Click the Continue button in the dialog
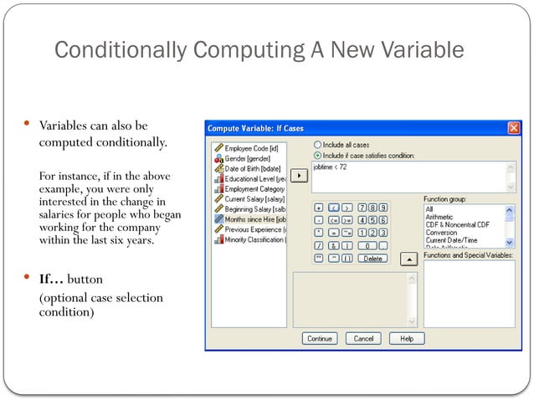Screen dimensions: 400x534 pos(320,339)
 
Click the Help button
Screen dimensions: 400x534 pos(407,339)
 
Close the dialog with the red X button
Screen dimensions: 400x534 pos(513,128)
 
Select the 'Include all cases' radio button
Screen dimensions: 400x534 pos(317,145)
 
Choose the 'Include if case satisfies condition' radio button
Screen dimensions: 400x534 pos(317,155)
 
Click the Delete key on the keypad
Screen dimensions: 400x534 pos(372,259)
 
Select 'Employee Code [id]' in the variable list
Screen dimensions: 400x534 pos(251,148)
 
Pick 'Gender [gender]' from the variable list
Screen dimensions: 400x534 pos(247,158)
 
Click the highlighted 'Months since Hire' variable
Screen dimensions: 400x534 pos(254,219)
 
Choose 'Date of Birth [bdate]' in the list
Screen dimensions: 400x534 pos(252,168)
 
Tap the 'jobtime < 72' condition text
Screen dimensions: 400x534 pos(330,167)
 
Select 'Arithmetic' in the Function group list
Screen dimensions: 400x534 pos(439,217)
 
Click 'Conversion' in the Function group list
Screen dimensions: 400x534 pos(441,233)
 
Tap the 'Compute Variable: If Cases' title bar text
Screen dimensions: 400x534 pos(254,128)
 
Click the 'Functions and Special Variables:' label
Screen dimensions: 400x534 pos(467,254)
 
